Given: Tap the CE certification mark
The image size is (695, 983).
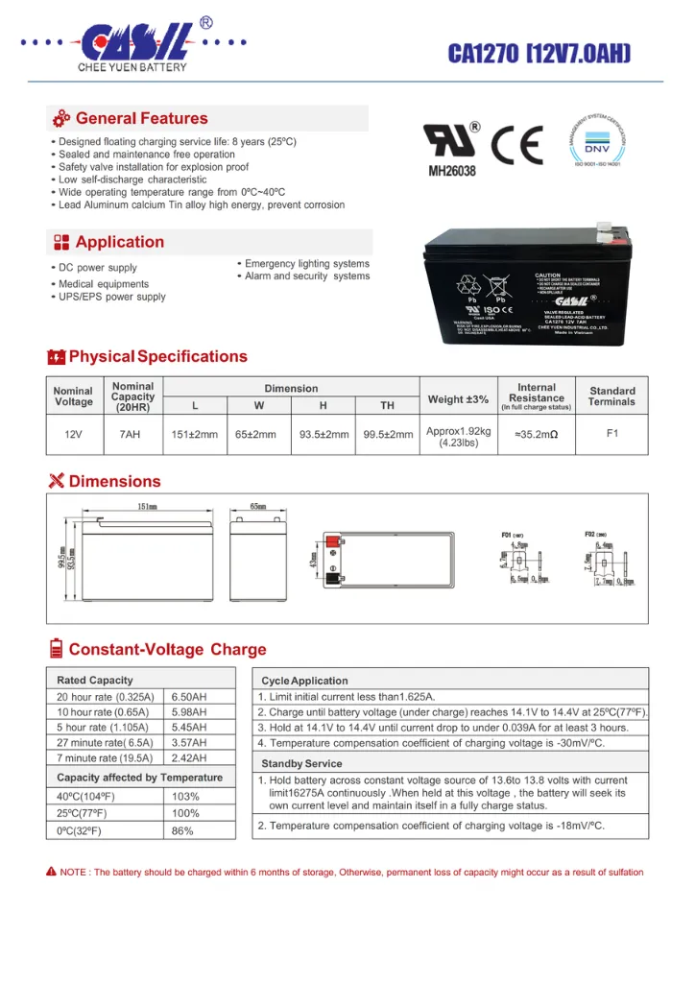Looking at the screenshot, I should (517, 146).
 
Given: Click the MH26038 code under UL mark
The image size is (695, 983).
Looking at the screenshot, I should (451, 171).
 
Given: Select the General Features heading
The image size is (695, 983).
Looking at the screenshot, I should (141, 119).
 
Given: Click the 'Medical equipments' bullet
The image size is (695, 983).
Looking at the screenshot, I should (103, 284).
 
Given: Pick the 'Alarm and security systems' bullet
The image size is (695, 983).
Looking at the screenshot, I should (306, 276).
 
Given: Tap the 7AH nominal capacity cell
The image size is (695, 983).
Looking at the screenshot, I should (130, 434).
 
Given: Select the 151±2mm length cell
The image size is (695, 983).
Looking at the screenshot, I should (194, 435).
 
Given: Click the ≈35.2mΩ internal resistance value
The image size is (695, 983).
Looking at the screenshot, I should (537, 435).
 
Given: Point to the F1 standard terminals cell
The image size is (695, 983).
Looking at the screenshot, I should (611, 433).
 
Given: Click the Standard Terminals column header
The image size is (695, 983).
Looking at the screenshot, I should (611, 396).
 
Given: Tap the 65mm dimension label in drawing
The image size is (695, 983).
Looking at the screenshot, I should (257, 506).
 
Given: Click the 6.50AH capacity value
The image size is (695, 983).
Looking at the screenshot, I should (189, 696).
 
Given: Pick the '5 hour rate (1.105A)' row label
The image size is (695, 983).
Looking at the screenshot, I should (104, 728).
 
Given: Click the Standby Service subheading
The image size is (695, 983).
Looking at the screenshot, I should (301, 763).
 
